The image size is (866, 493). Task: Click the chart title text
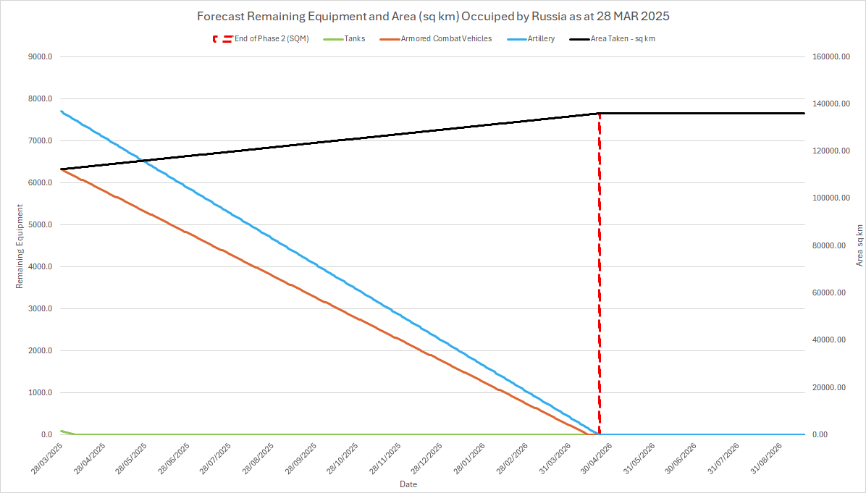click(432, 16)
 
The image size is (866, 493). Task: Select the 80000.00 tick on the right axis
click(827, 246)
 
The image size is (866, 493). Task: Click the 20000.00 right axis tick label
click(827, 388)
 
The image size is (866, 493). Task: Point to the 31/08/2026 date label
click(765, 458)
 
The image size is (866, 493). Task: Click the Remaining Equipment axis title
click(20, 246)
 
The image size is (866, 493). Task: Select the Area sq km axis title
click(859, 245)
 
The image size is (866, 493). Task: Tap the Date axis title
click(408, 484)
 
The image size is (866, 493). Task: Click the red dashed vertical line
click(600, 290)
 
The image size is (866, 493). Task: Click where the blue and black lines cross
click(142, 160)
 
